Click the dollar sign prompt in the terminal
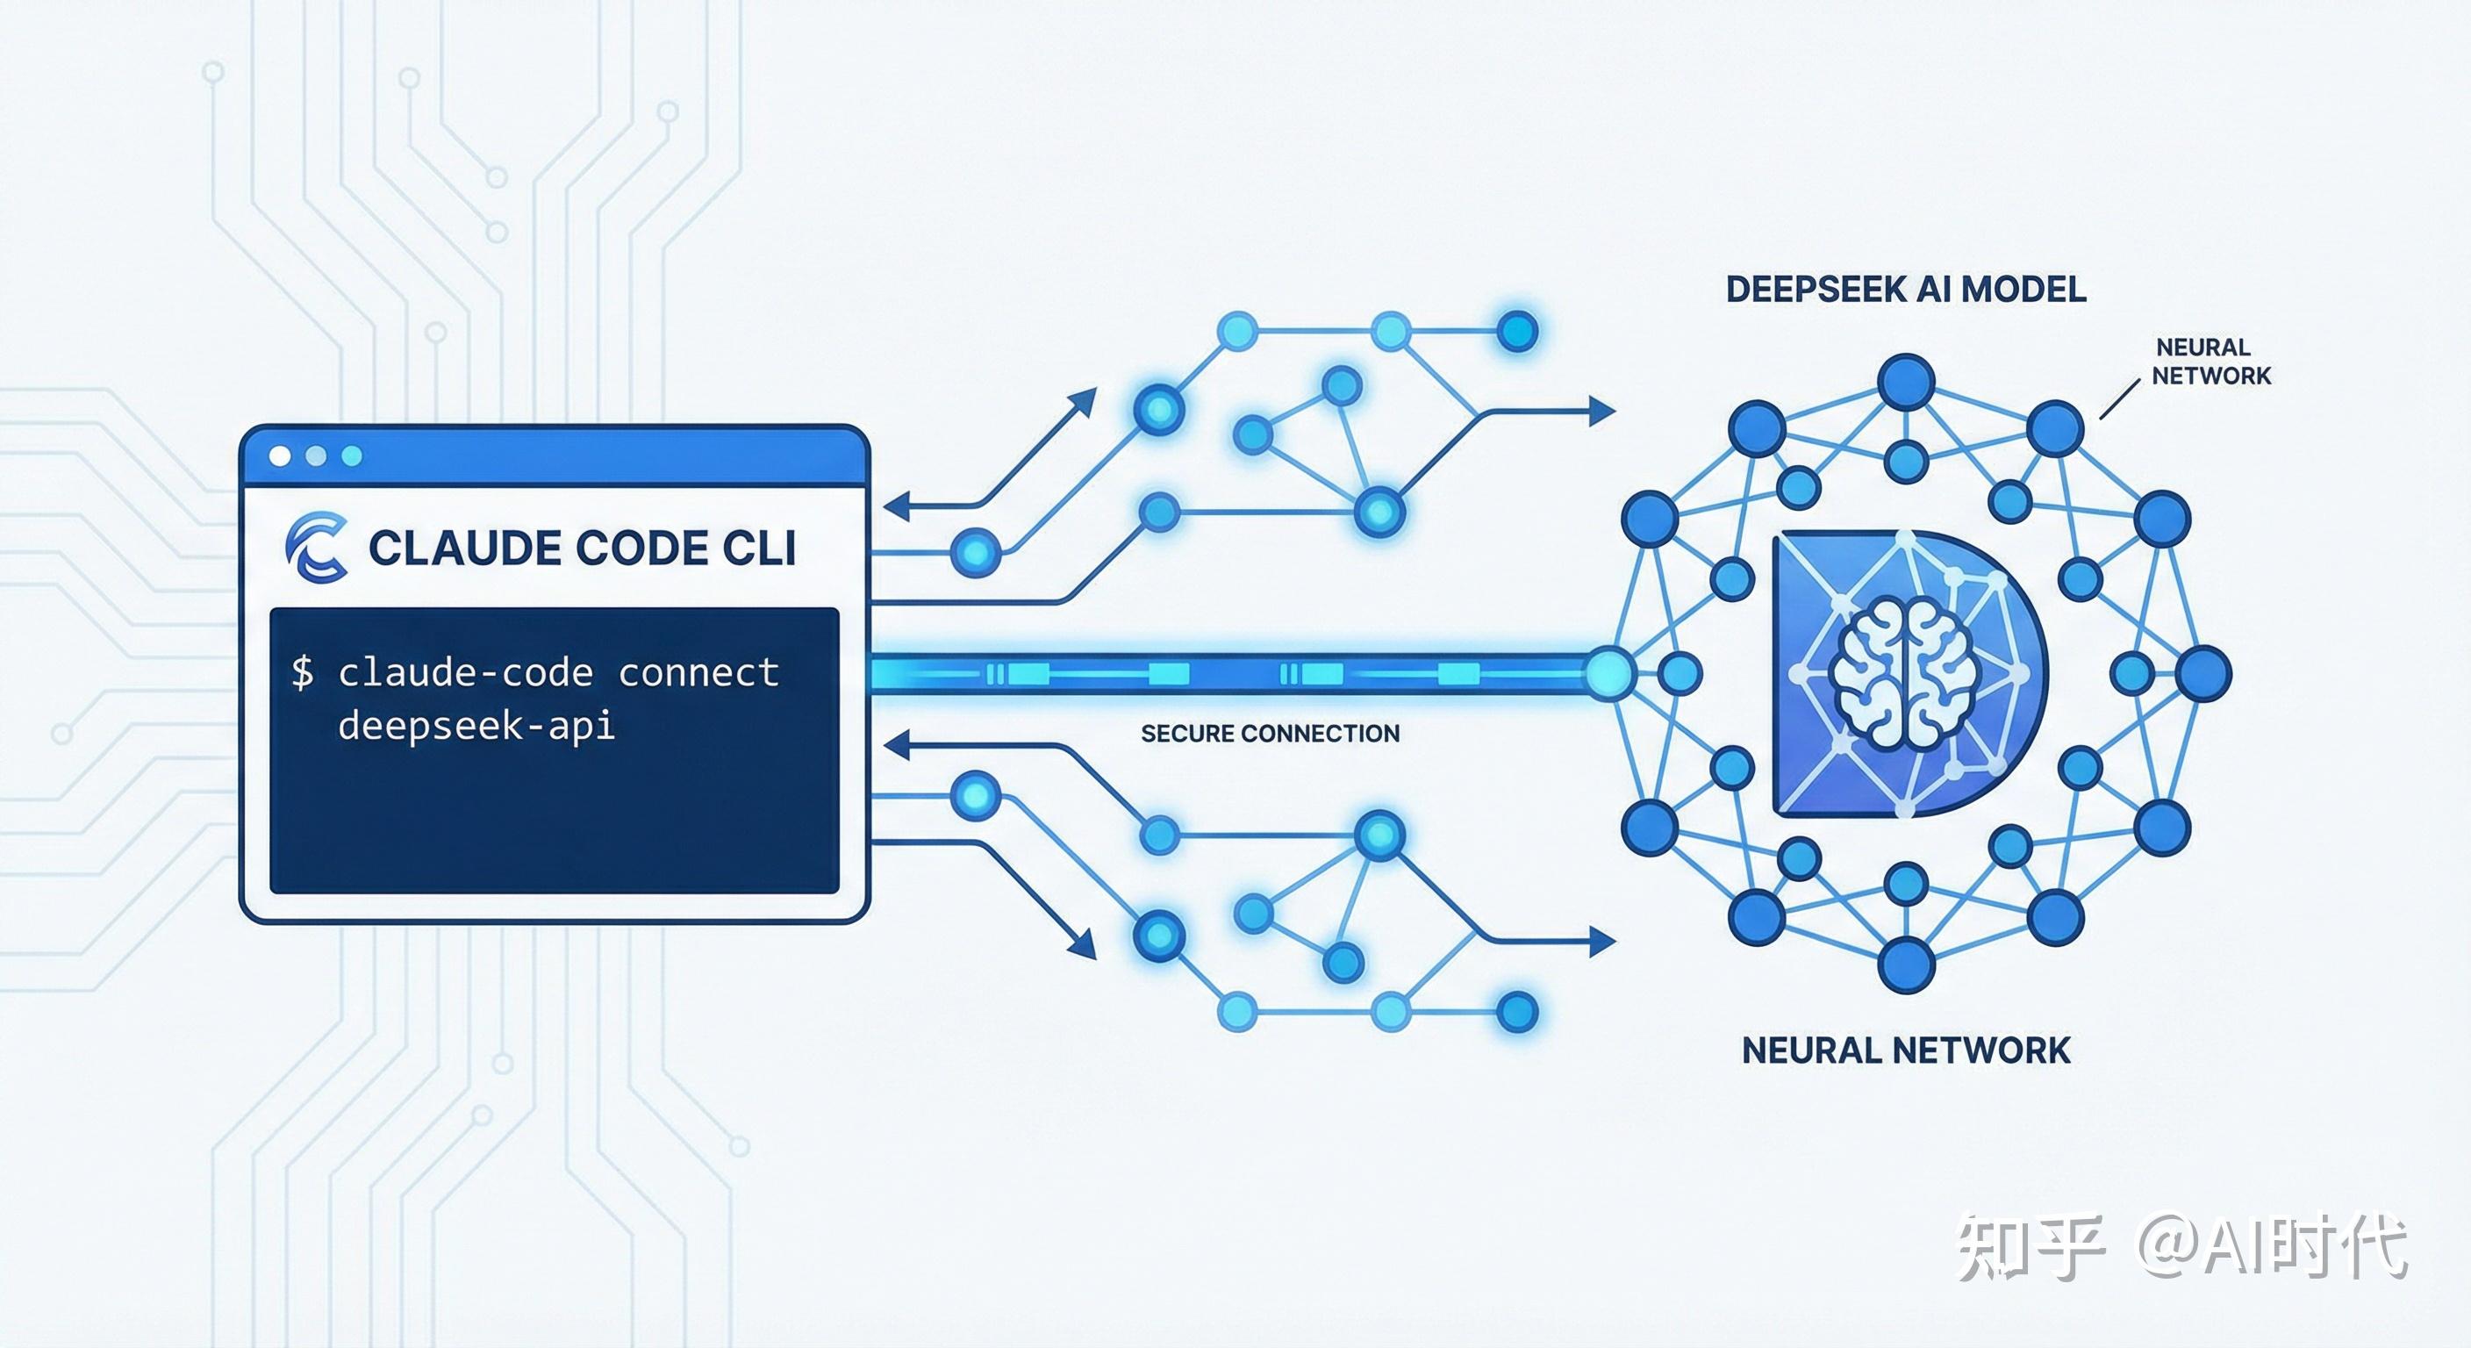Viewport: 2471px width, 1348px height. (x=302, y=672)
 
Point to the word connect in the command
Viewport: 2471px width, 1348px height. (x=698, y=672)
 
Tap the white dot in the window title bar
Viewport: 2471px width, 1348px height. (x=280, y=455)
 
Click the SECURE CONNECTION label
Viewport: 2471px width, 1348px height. (x=1270, y=734)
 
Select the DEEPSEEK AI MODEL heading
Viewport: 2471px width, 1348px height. (x=1906, y=289)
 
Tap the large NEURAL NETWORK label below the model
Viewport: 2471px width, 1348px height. (x=1906, y=1050)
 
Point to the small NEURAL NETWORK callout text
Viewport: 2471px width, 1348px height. (x=2211, y=361)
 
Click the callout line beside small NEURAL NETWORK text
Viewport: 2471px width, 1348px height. (x=2120, y=399)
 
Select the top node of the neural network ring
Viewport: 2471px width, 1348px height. (x=1906, y=382)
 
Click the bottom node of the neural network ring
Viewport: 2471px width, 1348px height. (x=1906, y=964)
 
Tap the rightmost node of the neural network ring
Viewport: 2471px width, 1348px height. (x=2203, y=673)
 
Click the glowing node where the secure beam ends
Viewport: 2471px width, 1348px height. (x=1609, y=672)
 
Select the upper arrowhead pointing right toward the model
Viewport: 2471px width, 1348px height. (x=1603, y=411)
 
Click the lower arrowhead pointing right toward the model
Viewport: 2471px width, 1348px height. (x=1603, y=943)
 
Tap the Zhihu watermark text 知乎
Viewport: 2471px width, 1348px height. (x=2031, y=1246)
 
